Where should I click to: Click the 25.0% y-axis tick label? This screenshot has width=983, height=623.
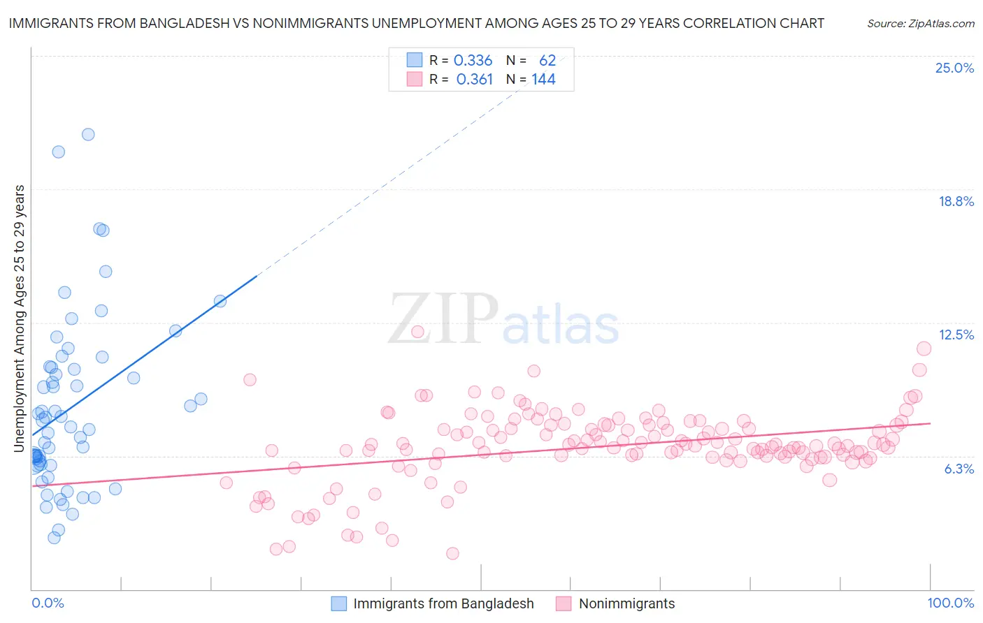pos(954,68)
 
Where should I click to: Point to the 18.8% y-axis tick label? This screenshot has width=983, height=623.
pos(956,201)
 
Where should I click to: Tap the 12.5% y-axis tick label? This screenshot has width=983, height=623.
pos(956,335)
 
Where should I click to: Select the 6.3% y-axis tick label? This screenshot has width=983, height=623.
pos(959,469)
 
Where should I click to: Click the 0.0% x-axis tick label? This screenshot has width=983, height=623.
pos(48,603)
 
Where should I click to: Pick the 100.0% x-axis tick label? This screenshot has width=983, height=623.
pos(950,603)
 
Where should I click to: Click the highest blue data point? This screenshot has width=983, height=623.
pos(88,134)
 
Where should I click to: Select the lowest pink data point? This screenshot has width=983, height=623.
pos(452,553)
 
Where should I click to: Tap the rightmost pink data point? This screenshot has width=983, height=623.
pos(924,349)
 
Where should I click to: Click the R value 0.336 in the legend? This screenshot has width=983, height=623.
pos(473,61)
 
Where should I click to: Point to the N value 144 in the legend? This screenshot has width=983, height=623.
pos(543,80)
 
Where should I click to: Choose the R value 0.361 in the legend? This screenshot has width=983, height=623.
pos(474,80)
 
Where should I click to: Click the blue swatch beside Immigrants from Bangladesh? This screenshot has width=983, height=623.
pos(339,603)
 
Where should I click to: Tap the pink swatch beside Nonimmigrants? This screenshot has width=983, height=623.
pos(564,603)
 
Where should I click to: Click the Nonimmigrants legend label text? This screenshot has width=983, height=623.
pos(626,603)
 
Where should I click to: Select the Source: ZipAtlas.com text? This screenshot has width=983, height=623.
pos(920,23)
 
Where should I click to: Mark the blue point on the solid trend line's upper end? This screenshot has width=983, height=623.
pos(220,301)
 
